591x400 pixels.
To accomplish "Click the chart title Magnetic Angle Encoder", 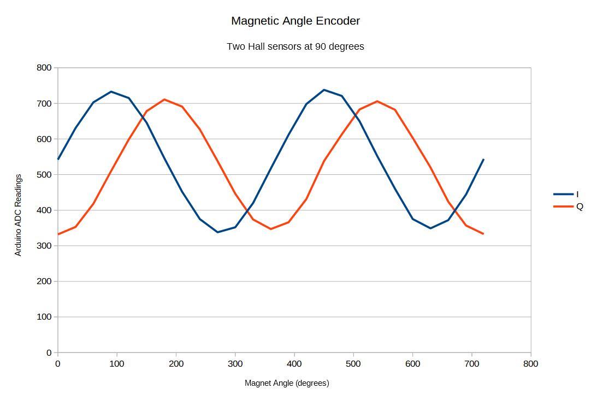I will click(x=295, y=21).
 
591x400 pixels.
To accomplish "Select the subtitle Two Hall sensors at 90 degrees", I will click(x=295, y=46).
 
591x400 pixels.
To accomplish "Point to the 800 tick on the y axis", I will click(x=44, y=68).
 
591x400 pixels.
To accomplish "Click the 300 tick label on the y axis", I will click(x=44, y=246).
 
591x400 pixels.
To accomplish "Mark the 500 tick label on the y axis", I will click(x=44, y=175).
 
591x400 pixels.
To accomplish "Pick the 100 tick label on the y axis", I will click(x=44, y=317).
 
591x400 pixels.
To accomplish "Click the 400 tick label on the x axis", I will click(x=294, y=364).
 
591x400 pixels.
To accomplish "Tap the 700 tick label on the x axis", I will click(x=471, y=364).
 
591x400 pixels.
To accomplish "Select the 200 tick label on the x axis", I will click(x=176, y=364).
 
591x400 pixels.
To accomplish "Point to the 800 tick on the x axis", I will click(x=530, y=364).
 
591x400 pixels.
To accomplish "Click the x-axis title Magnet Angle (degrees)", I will click(x=287, y=383).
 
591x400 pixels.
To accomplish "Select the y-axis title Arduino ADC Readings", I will click(x=18, y=215).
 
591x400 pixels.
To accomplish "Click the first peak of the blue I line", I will click(x=111, y=92).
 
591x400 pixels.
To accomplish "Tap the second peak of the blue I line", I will click(x=324, y=90).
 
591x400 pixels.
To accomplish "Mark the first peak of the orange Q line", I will click(x=164, y=99).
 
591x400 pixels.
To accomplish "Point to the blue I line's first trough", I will click(x=217, y=232).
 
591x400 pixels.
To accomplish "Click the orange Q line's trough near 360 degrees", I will click(x=271, y=229).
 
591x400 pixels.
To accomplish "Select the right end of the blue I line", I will click(x=483, y=160).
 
